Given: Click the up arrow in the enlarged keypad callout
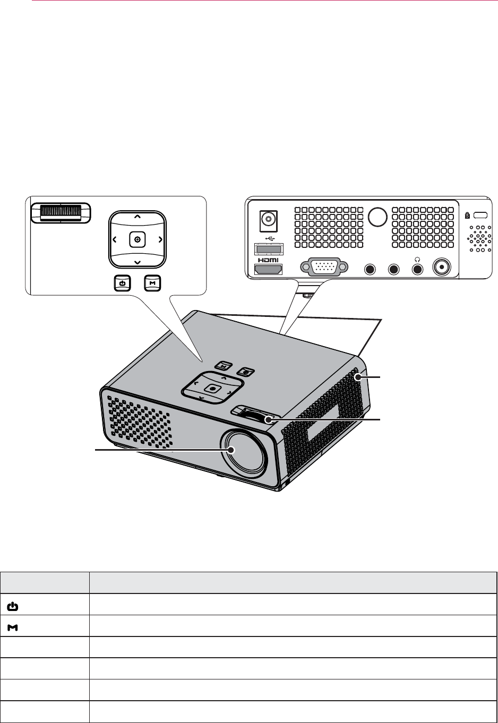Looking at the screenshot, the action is coord(138,217).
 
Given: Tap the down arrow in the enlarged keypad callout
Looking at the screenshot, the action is coord(138,262).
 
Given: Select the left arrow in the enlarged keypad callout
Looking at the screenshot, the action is coord(115,240).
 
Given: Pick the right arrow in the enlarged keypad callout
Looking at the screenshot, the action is coord(160,240).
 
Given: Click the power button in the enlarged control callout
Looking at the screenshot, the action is coord(122,283).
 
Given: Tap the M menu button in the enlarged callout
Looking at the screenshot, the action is coord(152,283).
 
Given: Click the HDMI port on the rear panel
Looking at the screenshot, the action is coord(269,270).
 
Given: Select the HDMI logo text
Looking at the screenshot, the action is coord(269,261).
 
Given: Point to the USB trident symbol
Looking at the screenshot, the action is coord(269,238).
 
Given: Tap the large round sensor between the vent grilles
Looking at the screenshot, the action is coord(377,216).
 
